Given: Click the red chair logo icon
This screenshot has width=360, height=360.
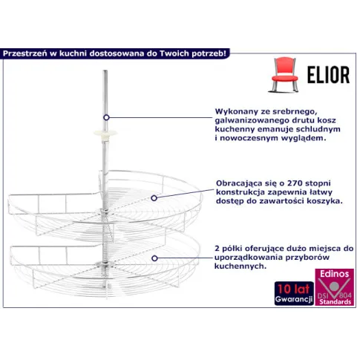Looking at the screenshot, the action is pos(284,75).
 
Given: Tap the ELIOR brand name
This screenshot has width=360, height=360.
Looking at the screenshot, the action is pos(329,75).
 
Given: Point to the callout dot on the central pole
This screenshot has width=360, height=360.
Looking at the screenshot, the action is pos(106,117).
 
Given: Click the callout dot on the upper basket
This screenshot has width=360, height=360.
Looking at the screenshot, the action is pos(154,198).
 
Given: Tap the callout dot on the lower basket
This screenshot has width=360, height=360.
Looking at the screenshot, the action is pos(154,258).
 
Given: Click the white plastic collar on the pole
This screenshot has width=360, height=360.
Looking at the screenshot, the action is pos(105,134).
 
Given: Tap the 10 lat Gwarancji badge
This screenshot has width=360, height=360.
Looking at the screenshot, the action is pos(294,293).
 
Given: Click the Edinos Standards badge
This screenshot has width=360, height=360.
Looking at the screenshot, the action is pos(334,287).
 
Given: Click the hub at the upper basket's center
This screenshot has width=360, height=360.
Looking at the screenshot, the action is pos(104,211).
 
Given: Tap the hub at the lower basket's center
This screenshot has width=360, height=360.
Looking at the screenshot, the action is pos(103,264).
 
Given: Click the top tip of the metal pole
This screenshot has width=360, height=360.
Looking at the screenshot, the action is pos(105,71).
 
